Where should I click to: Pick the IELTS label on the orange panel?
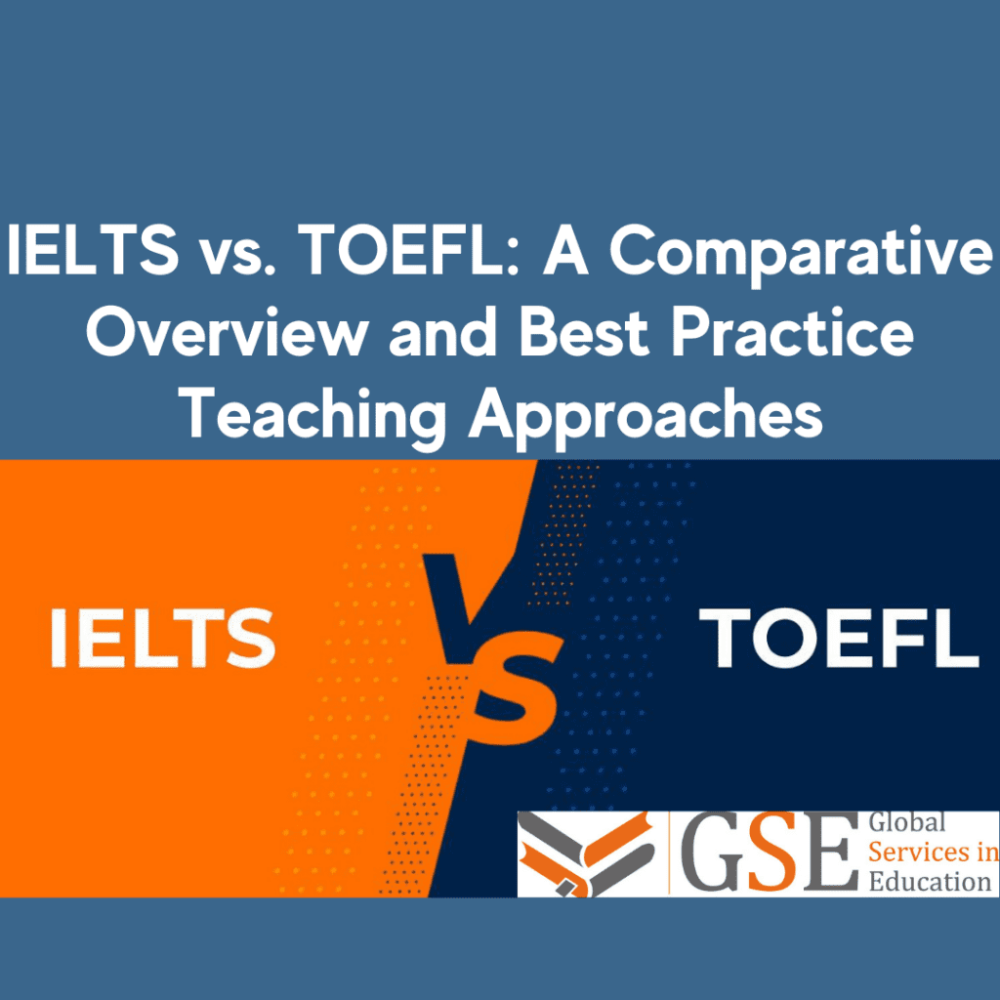162,638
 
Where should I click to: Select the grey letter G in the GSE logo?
716,852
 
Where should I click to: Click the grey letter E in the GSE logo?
829,852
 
